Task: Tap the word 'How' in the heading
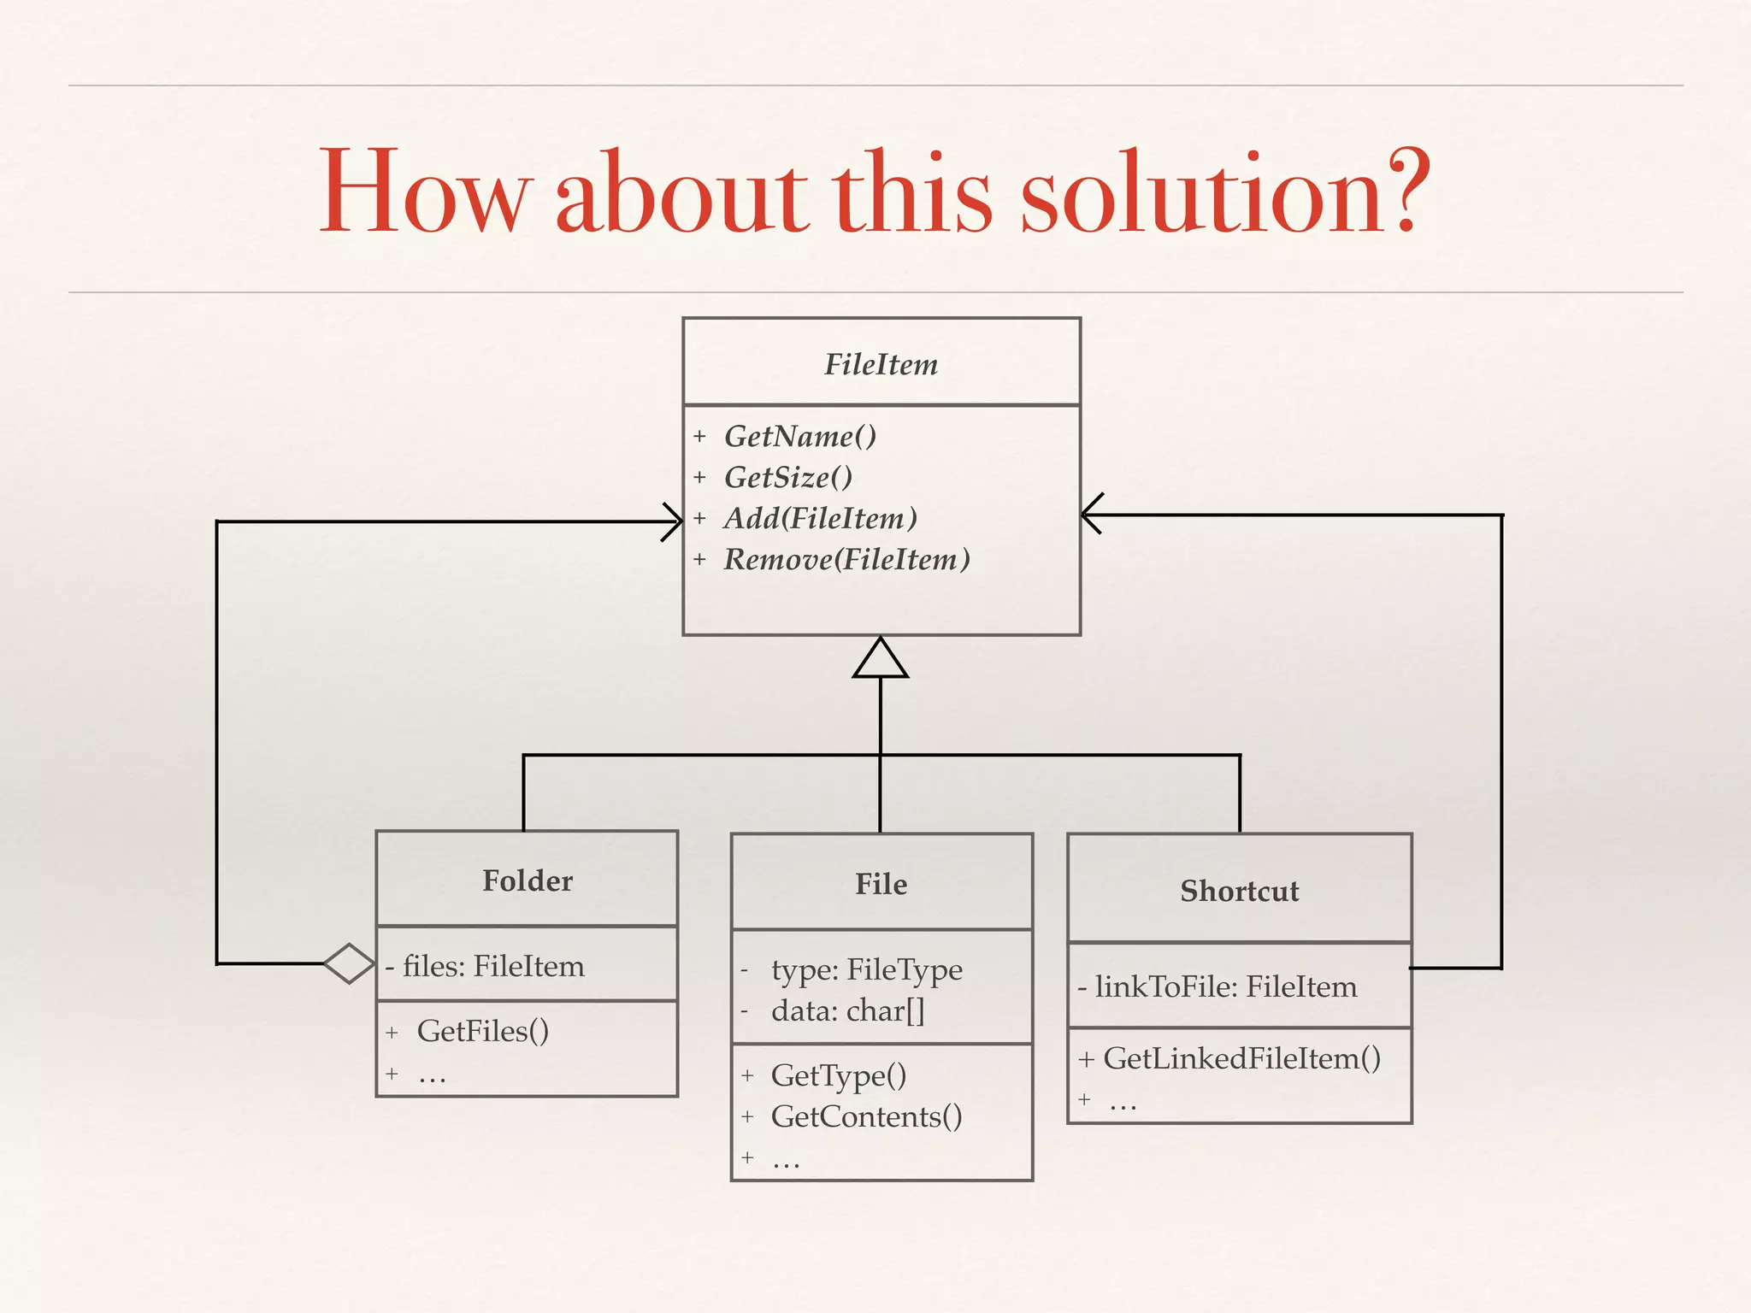pyautogui.click(x=424, y=192)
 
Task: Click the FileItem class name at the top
pyautogui.click(x=881, y=365)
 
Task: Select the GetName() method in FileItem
pyautogui.click(x=799, y=437)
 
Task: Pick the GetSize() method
pyautogui.click(x=787, y=478)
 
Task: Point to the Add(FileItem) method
pyautogui.click(x=820, y=519)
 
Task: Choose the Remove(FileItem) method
pyautogui.click(x=846, y=560)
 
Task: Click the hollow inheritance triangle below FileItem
pyautogui.click(x=881, y=660)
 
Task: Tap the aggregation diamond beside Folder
pyautogui.click(x=350, y=963)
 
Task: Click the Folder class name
pyautogui.click(x=528, y=881)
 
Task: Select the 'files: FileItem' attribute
pyautogui.click(x=493, y=967)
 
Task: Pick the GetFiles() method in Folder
pyautogui.click(x=482, y=1032)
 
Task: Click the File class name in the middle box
pyautogui.click(x=881, y=885)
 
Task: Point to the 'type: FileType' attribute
pyautogui.click(x=866, y=970)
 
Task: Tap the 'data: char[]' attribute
pyautogui.click(x=847, y=1011)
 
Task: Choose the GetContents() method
pyautogui.click(x=866, y=1117)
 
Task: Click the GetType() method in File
pyautogui.click(x=838, y=1076)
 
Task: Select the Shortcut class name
pyautogui.click(x=1239, y=892)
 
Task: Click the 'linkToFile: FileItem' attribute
pyautogui.click(x=1225, y=987)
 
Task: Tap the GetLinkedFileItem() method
pyautogui.click(x=1241, y=1059)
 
